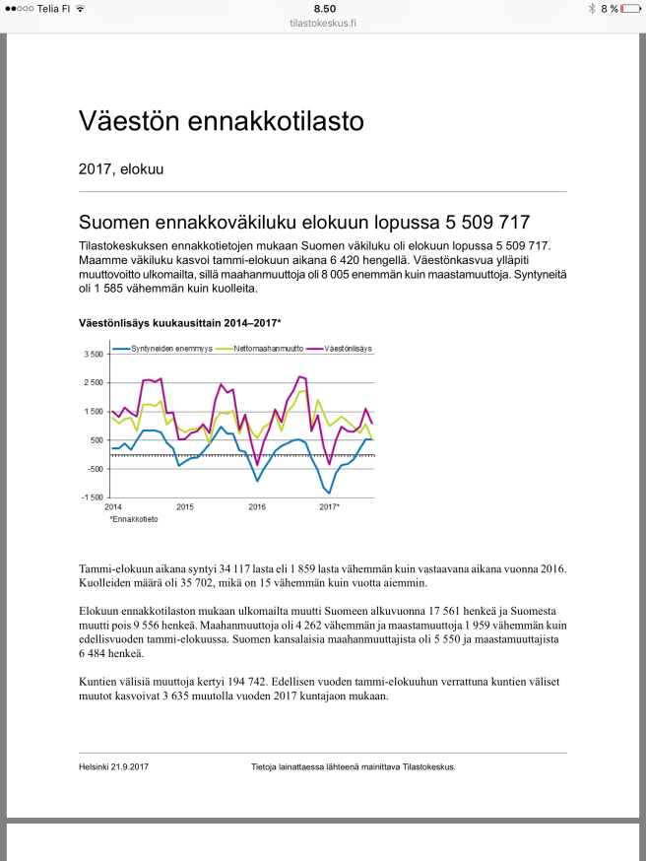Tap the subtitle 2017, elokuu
[121, 169]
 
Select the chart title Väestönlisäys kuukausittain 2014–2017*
[180, 323]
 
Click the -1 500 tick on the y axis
[92, 497]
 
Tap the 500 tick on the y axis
[96, 440]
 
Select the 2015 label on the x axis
[185, 506]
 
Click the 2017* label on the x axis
[329, 506]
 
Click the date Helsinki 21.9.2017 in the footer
[121, 766]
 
